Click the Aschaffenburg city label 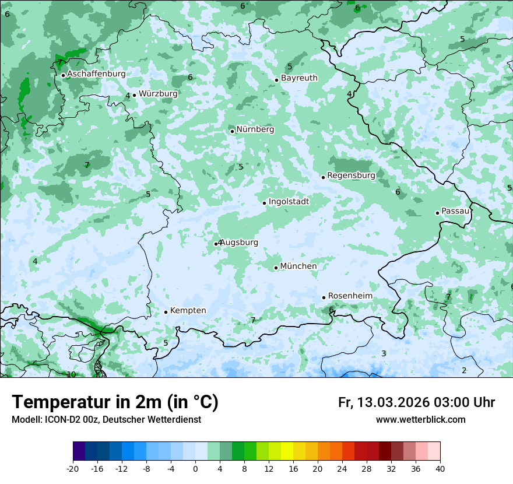96,74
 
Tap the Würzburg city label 158,93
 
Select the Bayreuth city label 299,78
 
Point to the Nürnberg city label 255,129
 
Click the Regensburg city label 351,176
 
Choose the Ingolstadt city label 289,202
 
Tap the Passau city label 455,211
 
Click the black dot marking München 276,268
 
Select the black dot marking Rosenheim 324,297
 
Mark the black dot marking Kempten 166,312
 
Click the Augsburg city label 239,243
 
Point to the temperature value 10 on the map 71,374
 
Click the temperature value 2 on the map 464,370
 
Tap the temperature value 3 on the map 384,353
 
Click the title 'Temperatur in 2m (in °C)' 115,402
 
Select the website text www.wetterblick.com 420,420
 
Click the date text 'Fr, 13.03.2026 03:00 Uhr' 416,402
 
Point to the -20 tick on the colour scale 73,468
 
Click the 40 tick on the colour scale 440,468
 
